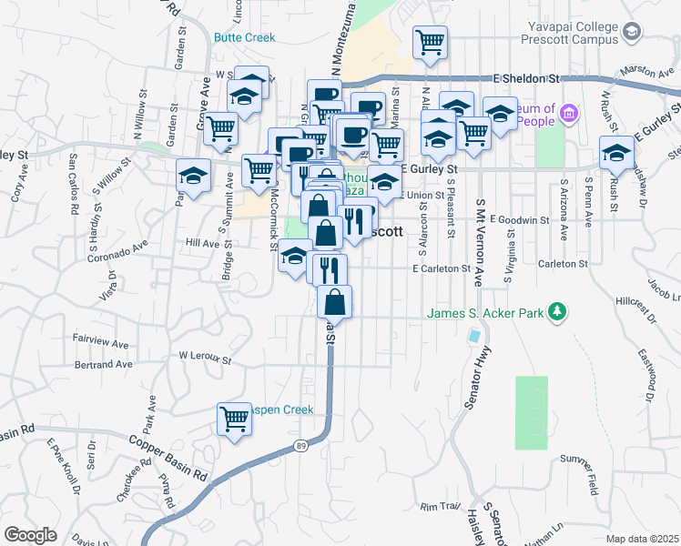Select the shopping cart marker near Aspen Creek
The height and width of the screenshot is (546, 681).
point(234,420)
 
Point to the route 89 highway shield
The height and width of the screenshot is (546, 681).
point(301,445)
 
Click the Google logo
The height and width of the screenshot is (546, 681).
point(30,535)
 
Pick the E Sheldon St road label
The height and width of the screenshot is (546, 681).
point(527,79)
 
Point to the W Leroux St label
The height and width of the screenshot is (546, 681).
point(205,356)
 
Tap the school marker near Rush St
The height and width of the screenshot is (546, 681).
point(616,153)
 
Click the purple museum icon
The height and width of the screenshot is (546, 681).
point(570,114)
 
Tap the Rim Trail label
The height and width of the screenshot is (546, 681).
point(437,505)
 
